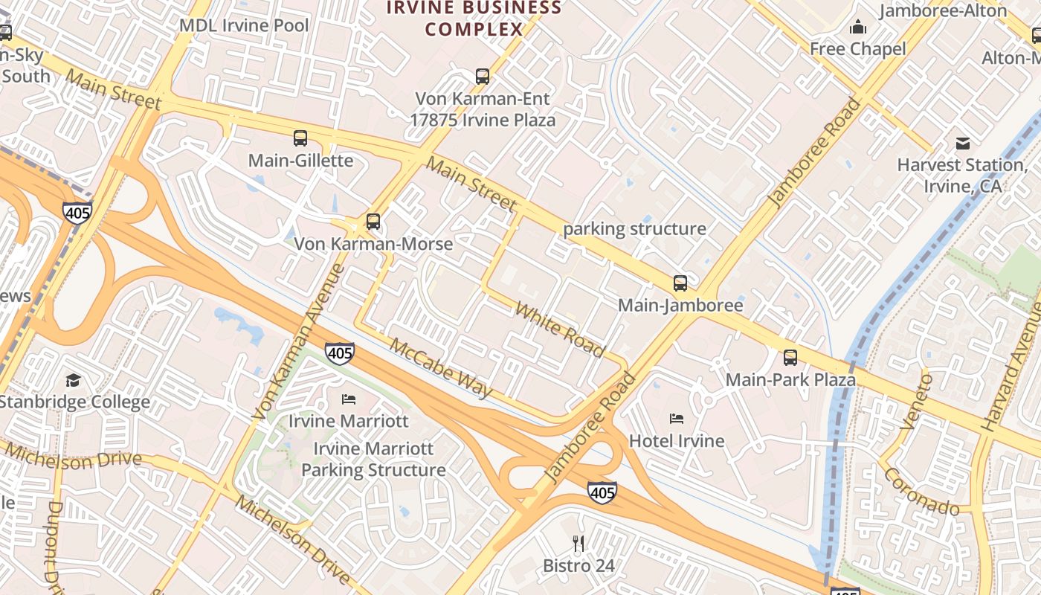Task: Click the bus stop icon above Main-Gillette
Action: (x=300, y=138)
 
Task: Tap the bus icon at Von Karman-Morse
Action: (x=373, y=222)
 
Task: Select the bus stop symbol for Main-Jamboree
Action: (x=680, y=283)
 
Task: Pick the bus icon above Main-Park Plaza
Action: (x=790, y=358)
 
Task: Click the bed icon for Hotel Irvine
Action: (x=677, y=419)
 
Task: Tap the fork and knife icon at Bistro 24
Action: (x=578, y=544)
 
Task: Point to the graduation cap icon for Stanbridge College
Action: (x=73, y=381)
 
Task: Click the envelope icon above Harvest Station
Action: (x=963, y=144)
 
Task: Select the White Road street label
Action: (x=560, y=329)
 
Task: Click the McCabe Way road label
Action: (x=441, y=368)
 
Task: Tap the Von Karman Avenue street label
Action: (x=297, y=342)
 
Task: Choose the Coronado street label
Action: (x=921, y=492)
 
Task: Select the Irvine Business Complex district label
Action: (x=474, y=19)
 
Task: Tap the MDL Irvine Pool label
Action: (x=244, y=26)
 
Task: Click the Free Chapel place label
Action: (x=857, y=49)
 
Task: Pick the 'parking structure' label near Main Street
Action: (x=634, y=229)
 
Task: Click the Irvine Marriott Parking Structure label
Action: (x=373, y=460)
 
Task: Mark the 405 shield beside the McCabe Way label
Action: (x=340, y=353)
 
